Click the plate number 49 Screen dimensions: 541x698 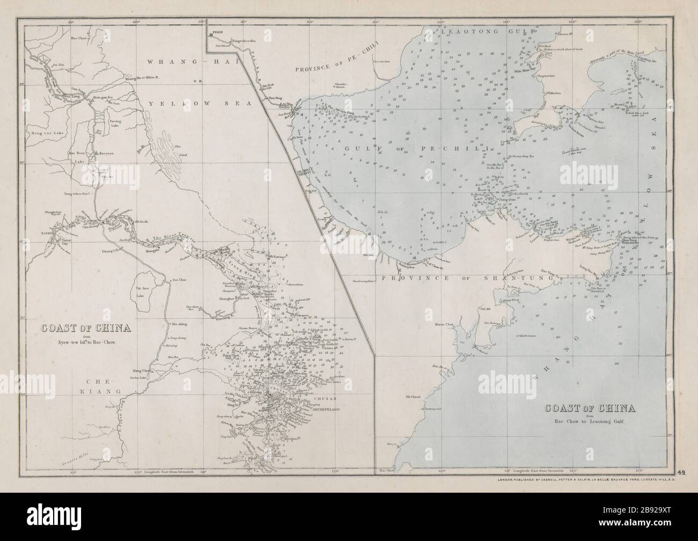tap(680, 473)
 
